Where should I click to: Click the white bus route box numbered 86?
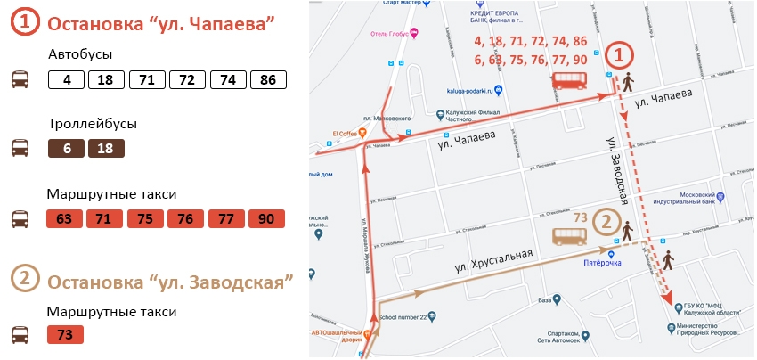268,79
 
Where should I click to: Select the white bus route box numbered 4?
67,79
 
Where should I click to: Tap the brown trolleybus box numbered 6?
67,149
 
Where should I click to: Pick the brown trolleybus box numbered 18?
106,149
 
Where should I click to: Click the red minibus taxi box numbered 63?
63,219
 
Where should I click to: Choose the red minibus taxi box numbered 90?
266,219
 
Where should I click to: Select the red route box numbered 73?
65,335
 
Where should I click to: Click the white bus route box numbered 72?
186,79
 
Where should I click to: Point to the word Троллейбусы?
93,124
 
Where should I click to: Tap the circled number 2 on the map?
606,222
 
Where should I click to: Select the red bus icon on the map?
570,81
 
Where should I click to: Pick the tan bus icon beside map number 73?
570,236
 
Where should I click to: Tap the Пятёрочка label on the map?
602,263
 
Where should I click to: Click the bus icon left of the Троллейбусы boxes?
20,148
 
